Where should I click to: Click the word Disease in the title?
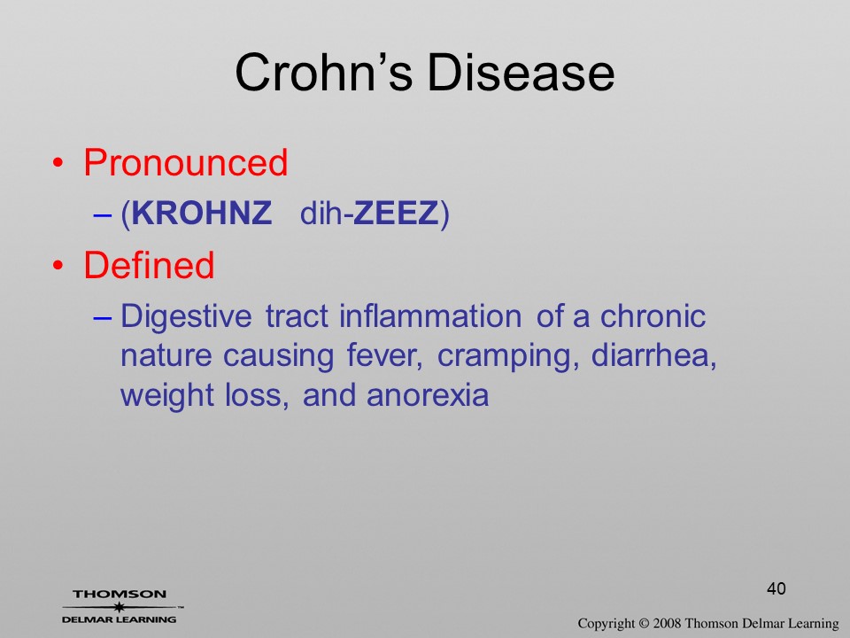[x=521, y=72]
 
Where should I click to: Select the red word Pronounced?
[x=185, y=162]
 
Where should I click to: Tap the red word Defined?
[x=149, y=265]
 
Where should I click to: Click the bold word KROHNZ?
[x=202, y=213]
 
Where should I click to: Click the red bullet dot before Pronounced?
[x=58, y=163]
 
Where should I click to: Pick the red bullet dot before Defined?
[x=58, y=266]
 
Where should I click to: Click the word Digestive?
[x=186, y=316]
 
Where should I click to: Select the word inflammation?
[x=430, y=315]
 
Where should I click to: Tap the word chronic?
[x=653, y=315]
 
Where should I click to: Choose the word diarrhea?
[x=653, y=356]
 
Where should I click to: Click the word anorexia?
[x=428, y=395]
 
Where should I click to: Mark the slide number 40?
[x=777, y=588]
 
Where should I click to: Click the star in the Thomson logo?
[x=119, y=607]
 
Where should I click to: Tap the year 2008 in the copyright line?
[x=667, y=624]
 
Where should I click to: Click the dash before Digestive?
[x=103, y=317]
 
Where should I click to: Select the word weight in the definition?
[x=167, y=396]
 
